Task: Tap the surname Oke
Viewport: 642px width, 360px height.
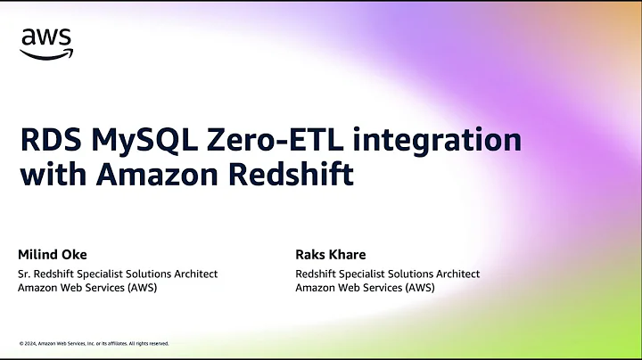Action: tap(77, 255)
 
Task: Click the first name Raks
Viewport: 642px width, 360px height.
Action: tap(311, 255)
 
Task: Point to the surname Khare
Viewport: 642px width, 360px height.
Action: tap(350, 255)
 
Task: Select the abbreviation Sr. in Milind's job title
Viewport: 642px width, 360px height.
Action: tap(26, 274)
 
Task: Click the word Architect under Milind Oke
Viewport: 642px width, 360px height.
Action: tap(194, 274)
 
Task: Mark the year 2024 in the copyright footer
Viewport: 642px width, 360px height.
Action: tap(31, 343)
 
